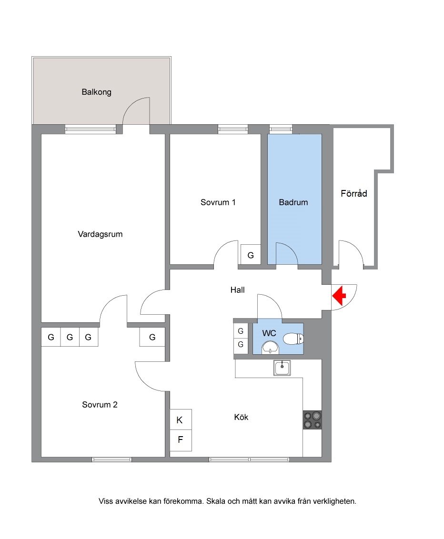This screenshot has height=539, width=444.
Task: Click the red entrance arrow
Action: pyautogui.click(x=340, y=295)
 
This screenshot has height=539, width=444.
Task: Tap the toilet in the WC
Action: pyautogui.click(x=293, y=339)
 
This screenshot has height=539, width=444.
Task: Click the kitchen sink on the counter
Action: pyautogui.click(x=282, y=368)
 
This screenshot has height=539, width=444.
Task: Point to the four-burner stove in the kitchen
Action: pyautogui.click(x=313, y=420)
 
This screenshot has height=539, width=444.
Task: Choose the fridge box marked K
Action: pyautogui.click(x=181, y=419)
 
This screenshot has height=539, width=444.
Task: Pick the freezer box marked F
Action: pyautogui.click(x=181, y=440)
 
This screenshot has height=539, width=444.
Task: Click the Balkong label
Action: pyautogui.click(x=96, y=92)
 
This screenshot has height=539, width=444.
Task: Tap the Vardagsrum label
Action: pyautogui.click(x=100, y=234)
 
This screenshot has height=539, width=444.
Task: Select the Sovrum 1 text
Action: pyautogui.click(x=218, y=202)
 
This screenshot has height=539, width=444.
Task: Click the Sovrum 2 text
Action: pyautogui.click(x=100, y=405)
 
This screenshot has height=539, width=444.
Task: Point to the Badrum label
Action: pyautogui.click(x=293, y=202)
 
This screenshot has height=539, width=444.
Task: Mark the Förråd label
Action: pyautogui.click(x=354, y=193)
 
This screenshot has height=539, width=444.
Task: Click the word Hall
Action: pyautogui.click(x=238, y=290)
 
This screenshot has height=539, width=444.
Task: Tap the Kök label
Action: pyautogui.click(x=241, y=417)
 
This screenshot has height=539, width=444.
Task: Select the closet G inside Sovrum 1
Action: pyautogui.click(x=251, y=255)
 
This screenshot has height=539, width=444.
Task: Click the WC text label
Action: pyautogui.click(x=269, y=333)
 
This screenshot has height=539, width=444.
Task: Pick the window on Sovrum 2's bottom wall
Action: pyautogui.click(x=112, y=459)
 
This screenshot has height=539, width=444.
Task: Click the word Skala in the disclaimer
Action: pyautogui.click(x=216, y=501)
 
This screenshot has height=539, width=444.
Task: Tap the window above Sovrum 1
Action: pyautogui.click(x=233, y=129)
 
